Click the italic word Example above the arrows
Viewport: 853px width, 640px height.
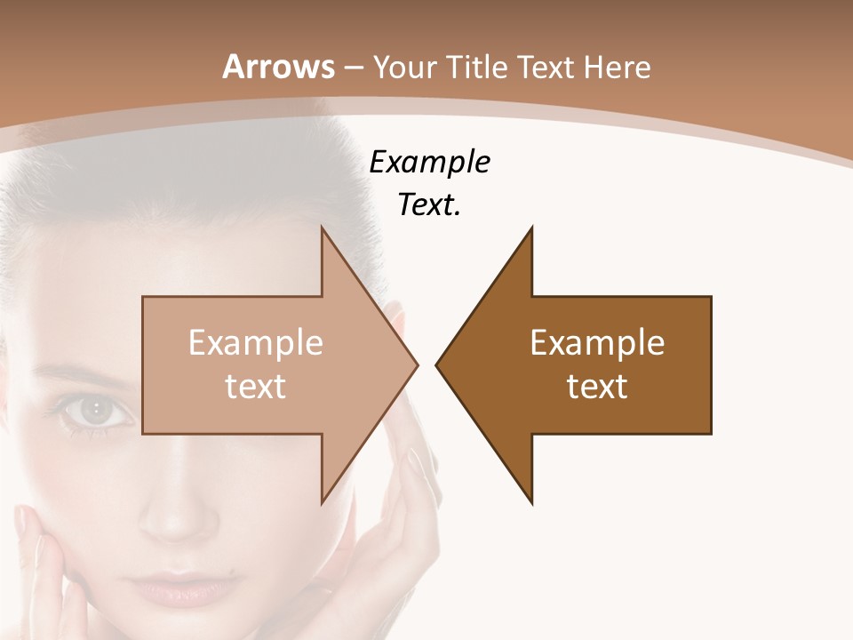pos(429,162)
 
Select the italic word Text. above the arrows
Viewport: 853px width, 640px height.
pos(429,204)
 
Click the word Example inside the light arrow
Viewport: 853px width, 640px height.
pos(256,342)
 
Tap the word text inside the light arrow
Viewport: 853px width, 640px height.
pos(256,386)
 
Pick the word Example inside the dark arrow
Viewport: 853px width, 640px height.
pos(597,342)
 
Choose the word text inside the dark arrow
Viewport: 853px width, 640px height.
pos(597,386)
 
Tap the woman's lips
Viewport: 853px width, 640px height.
pos(173,587)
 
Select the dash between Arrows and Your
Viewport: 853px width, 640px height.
pos(353,68)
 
